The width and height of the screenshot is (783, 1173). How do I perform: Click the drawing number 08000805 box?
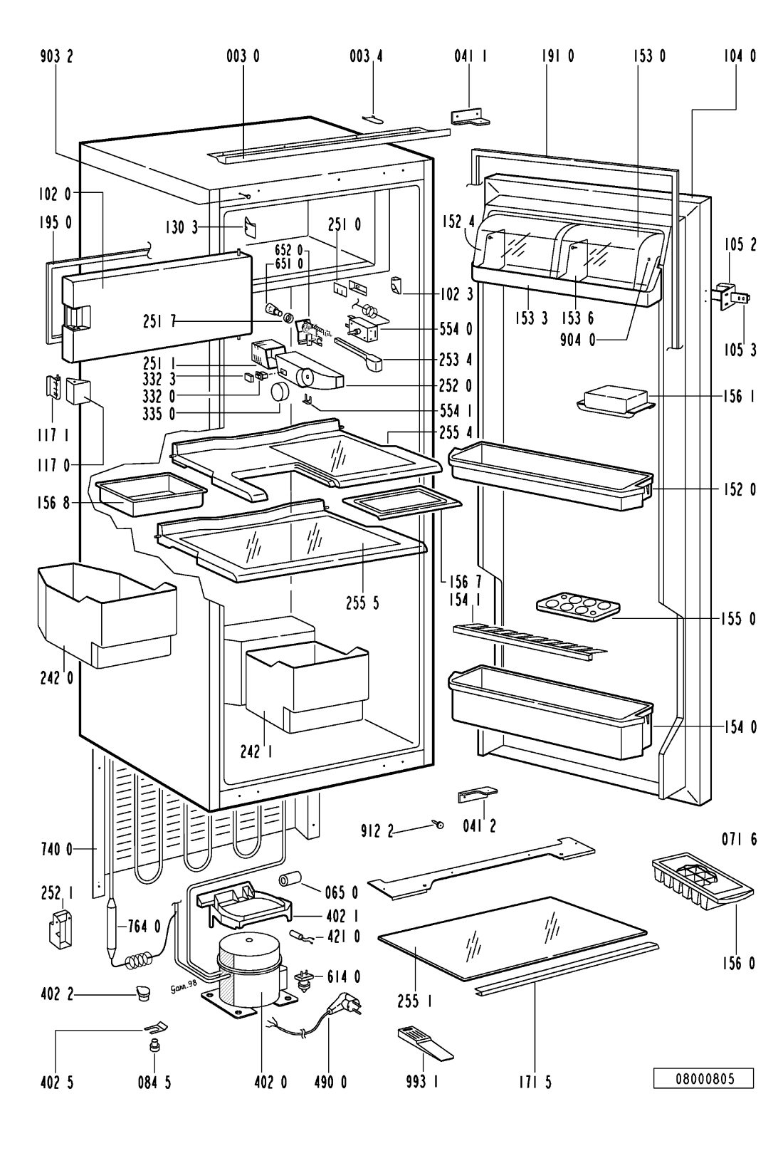click(x=703, y=1079)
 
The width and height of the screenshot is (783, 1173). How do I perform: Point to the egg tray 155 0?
click(x=578, y=607)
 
